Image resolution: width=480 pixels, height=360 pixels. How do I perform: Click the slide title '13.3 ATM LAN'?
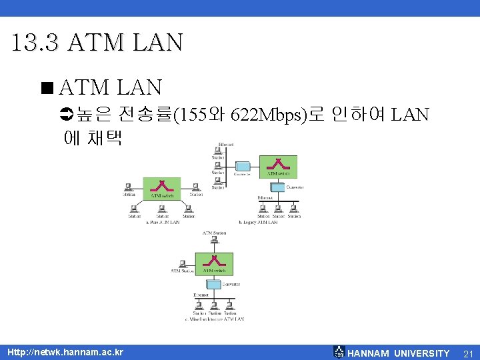click(x=97, y=43)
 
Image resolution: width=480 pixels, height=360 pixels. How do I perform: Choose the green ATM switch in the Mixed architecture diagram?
click(x=213, y=263)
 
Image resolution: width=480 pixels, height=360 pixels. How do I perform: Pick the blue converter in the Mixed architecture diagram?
click(x=213, y=284)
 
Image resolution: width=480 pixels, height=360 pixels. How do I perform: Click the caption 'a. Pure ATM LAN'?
click(x=163, y=223)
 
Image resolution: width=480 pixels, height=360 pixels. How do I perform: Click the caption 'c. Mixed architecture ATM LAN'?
click(x=214, y=319)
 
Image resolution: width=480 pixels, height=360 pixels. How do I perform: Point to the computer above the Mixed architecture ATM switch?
click(x=214, y=241)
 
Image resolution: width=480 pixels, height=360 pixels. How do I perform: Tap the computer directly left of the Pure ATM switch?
click(x=129, y=187)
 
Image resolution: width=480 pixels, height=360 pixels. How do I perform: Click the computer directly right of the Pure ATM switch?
click(x=195, y=187)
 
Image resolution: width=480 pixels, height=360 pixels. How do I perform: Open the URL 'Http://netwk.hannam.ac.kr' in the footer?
click(x=65, y=351)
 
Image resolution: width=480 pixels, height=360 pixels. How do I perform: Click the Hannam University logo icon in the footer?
click(x=339, y=352)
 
